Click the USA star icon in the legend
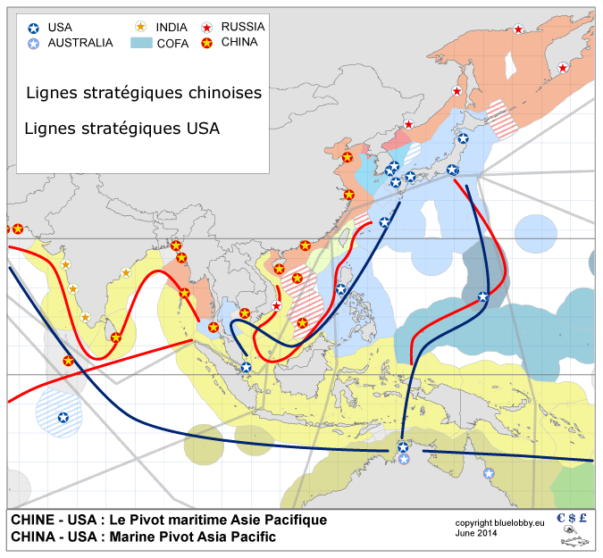click(x=34, y=28)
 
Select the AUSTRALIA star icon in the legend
click(x=34, y=43)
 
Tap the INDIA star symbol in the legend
click(x=140, y=28)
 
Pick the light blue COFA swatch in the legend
click(x=141, y=43)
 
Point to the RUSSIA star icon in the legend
click(x=207, y=28)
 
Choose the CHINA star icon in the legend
click(x=207, y=42)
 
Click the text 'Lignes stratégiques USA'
click(x=121, y=129)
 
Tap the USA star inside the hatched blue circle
click(x=63, y=417)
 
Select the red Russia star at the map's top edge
click(x=518, y=29)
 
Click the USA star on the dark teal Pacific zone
click(x=483, y=296)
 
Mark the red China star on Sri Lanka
click(x=115, y=337)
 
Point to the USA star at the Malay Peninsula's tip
click(x=246, y=367)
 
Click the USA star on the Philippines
click(x=340, y=288)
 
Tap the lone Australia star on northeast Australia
click(x=488, y=472)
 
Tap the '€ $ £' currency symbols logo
click(x=571, y=518)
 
